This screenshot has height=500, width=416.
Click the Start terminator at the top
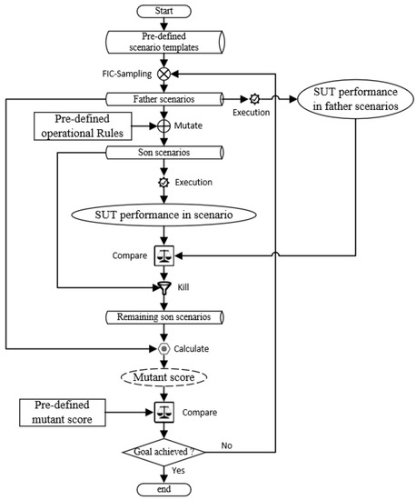pos(163,13)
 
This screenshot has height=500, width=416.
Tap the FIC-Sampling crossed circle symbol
pos(163,73)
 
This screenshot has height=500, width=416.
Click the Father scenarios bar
pos(163,98)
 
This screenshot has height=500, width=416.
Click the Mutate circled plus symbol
pos(163,125)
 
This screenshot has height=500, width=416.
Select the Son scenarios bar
pos(163,152)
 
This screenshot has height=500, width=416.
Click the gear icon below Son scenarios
pos(163,181)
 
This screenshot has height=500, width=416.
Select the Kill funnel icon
pos(163,286)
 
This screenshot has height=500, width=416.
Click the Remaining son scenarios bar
pos(163,316)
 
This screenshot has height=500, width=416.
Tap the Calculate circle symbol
pos(163,347)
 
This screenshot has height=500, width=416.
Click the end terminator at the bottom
pos(163,491)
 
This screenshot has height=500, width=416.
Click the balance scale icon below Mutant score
pos(163,412)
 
